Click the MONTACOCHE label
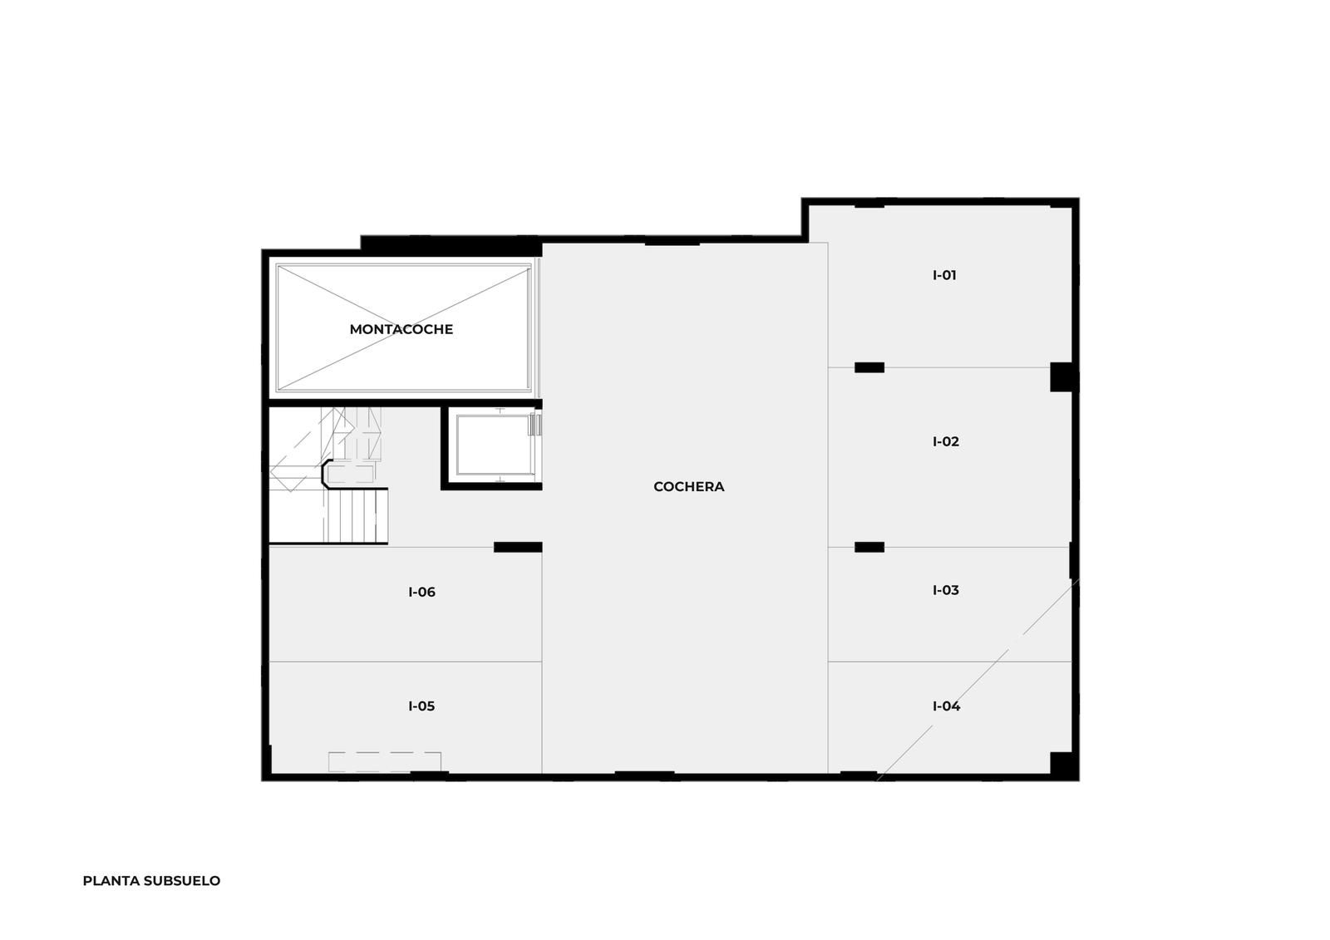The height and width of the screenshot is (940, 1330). coord(401,329)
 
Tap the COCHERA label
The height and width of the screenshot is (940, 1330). coord(689,486)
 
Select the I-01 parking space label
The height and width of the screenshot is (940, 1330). coord(944,275)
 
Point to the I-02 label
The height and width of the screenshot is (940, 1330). coord(946,441)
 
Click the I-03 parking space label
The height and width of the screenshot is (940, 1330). coord(946,589)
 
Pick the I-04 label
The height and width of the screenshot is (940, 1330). coord(947,706)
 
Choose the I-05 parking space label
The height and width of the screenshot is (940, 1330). coord(421,706)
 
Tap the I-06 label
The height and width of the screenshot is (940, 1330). coord(421,592)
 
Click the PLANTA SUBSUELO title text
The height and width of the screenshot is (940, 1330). coord(151,881)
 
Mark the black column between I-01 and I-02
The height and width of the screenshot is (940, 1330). coord(869,367)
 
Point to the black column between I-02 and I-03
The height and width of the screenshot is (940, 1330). coord(869,547)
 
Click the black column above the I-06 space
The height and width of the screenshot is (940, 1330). coord(518,547)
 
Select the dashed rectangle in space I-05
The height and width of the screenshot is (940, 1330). coord(385,762)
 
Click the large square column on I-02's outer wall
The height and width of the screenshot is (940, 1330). coord(1063,377)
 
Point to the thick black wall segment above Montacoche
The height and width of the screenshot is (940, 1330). coord(451,245)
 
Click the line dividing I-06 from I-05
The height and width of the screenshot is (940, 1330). coord(406,662)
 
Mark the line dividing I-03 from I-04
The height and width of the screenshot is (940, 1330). coord(950,662)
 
